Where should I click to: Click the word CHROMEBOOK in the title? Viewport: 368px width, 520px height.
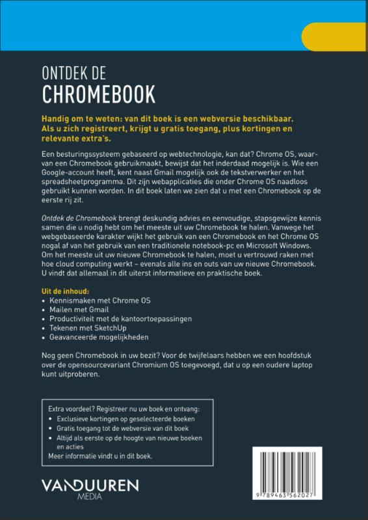[x=99, y=95]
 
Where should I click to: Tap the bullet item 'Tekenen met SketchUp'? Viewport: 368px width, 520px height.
[x=88, y=328]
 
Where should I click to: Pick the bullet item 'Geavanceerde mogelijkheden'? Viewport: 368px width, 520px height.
[x=99, y=337]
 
